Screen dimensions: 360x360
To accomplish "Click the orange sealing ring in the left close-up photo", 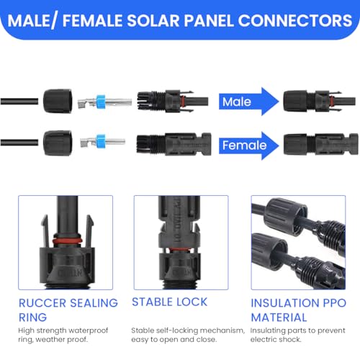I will pos(65,239).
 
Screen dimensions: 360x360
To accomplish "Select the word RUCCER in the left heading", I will pos(45,302).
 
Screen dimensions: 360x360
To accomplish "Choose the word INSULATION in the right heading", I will pos(287,302).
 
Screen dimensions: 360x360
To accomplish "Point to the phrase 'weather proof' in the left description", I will pos(72,341).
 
